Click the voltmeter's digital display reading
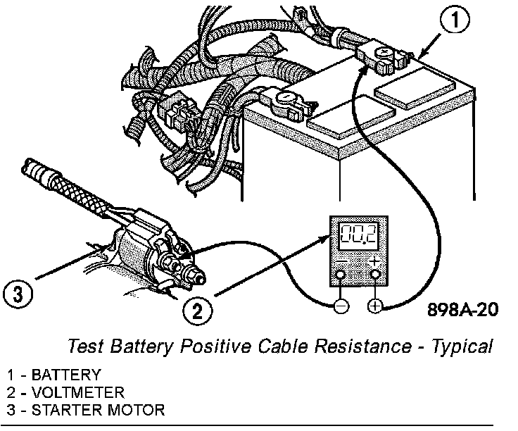[x=358, y=236]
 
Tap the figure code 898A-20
[x=460, y=311]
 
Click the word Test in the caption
[x=83, y=346]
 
